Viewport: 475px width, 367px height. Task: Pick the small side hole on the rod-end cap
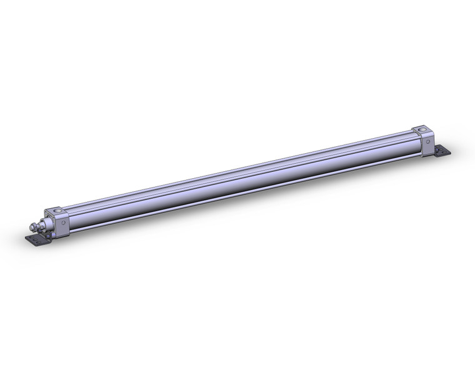[63, 222]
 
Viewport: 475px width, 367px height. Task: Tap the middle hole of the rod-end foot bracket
[36, 240]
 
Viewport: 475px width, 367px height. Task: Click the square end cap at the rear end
[424, 140]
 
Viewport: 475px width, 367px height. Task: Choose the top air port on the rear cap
[422, 130]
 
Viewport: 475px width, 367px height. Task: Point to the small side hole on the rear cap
[427, 141]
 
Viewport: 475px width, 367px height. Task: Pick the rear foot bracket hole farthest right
[445, 153]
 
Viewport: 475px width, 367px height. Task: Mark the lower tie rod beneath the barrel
[241, 191]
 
